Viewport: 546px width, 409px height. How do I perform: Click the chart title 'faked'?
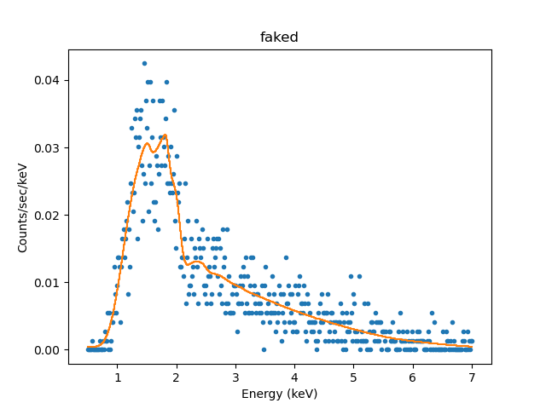(x=279, y=37)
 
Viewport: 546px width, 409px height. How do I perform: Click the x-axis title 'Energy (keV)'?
(x=279, y=394)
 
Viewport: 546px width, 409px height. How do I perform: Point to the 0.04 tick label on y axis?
(x=46, y=80)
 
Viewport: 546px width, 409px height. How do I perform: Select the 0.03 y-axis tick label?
(x=46, y=147)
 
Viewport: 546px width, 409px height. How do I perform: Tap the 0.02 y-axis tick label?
(x=46, y=215)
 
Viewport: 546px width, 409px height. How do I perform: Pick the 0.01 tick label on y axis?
(x=46, y=282)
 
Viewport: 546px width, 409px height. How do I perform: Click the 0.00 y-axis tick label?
(x=46, y=349)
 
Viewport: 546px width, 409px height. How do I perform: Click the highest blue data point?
(x=144, y=63)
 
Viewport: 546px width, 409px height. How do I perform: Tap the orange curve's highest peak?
(x=164, y=135)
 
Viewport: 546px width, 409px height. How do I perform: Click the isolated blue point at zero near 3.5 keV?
(x=264, y=349)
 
